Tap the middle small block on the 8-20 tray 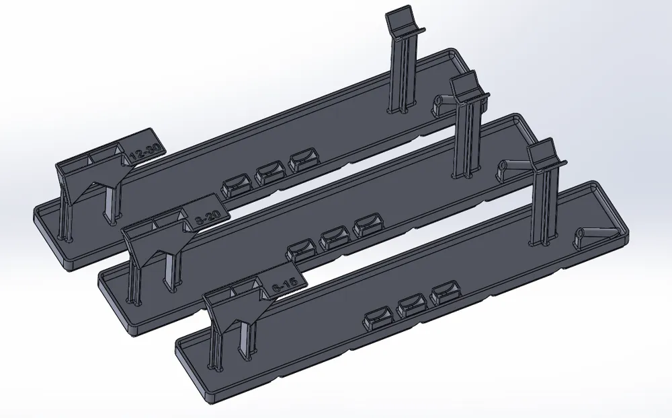[x=334, y=238]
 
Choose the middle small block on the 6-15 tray [x=412, y=307]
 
